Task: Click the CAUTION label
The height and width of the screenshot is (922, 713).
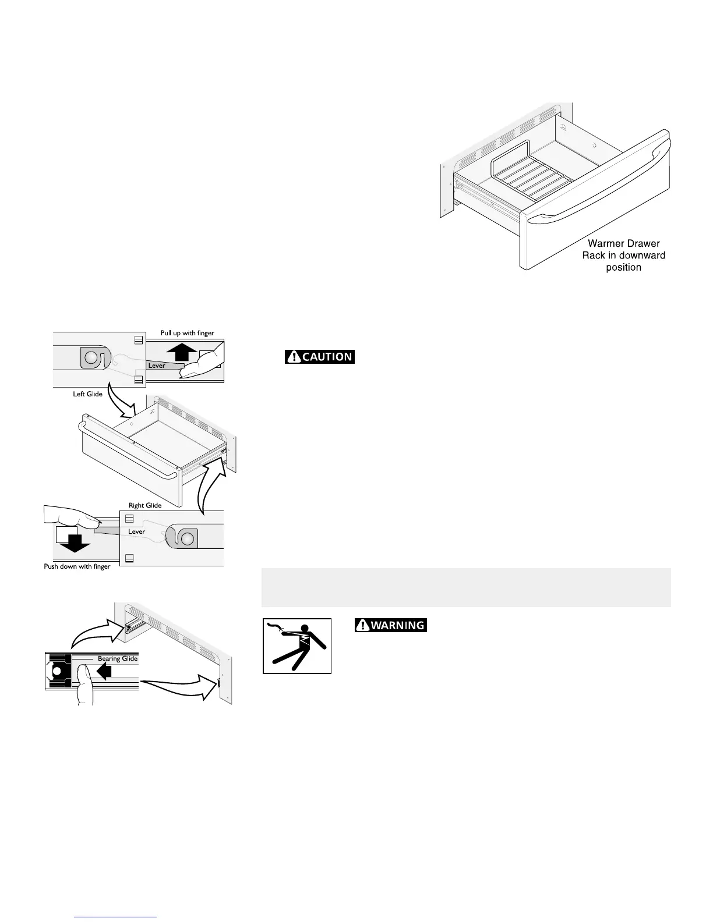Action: (320, 357)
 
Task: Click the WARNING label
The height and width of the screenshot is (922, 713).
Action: (391, 626)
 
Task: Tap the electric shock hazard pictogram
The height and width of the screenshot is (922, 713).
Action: (297, 646)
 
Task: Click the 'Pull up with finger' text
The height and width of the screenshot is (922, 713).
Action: (188, 333)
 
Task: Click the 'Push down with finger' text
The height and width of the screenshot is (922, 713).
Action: (77, 566)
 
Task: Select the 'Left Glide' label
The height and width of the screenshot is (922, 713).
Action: (87, 394)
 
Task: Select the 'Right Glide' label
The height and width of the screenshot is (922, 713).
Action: (145, 505)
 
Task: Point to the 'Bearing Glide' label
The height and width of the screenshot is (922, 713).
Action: (118, 659)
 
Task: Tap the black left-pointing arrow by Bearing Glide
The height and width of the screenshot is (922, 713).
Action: (104, 672)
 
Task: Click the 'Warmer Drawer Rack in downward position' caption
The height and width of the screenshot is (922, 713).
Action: (623, 256)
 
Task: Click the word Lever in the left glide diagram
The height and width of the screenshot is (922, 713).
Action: (157, 366)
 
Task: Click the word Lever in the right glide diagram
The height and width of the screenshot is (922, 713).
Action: (137, 531)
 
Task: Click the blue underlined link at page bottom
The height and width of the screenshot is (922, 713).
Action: (117, 916)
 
